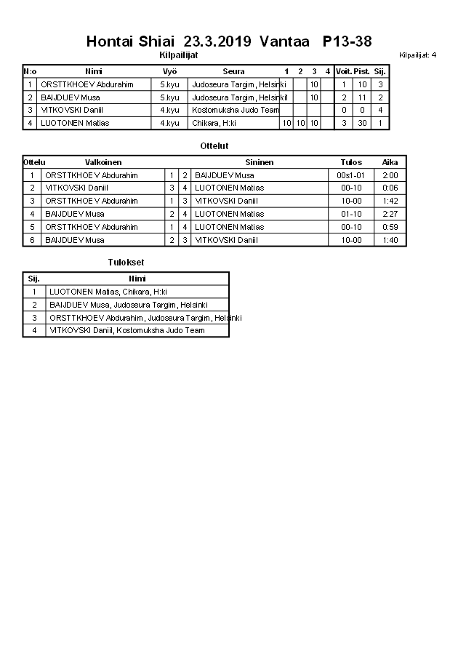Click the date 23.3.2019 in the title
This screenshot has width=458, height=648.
tap(217, 41)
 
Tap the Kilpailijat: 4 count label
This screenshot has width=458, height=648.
tap(418, 55)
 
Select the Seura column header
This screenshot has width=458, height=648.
tap(233, 71)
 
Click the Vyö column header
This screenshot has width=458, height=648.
tap(170, 71)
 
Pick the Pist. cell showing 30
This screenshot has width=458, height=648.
tap(362, 123)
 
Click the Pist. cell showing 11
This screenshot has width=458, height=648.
tap(362, 97)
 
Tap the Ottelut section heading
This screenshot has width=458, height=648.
tap(214, 146)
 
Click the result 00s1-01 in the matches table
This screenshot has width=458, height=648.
tap(350, 175)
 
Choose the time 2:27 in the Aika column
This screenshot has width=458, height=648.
tap(390, 214)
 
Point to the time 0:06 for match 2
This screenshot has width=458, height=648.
tap(390, 188)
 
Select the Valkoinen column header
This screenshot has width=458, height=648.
tap(103, 162)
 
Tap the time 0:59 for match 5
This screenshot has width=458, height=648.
tap(390, 227)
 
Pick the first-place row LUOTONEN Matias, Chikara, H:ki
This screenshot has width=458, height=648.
tap(108, 292)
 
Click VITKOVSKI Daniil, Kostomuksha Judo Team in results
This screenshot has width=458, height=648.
tap(127, 330)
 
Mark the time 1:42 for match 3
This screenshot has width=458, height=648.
tap(390, 201)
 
